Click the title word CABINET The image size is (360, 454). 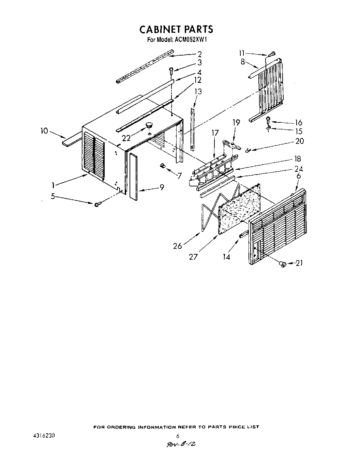[x=160, y=29]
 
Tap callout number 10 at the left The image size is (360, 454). [x=45, y=131]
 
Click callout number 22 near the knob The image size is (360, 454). [x=126, y=138]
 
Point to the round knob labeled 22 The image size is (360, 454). [x=149, y=126]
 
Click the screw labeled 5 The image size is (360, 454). [x=96, y=204]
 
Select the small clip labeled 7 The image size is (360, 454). [x=163, y=166]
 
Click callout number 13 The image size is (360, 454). [x=198, y=92]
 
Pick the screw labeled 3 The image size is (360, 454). [x=171, y=70]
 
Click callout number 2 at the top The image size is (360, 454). [x=199, y=54]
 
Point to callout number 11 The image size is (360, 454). [x=242, y=53]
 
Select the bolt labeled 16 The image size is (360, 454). [x=268, y=119]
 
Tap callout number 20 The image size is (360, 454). [x=300, y=141]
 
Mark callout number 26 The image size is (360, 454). [x=178, y=245]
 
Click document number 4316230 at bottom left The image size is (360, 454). [x=42, y=436]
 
